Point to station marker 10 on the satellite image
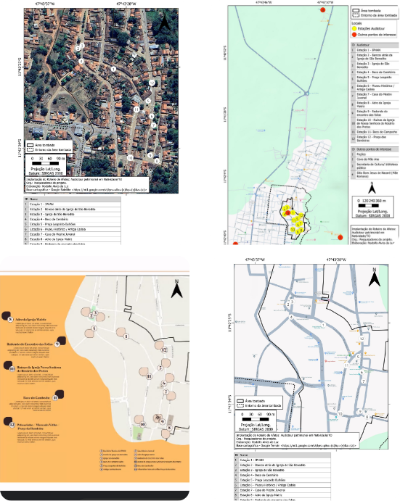[130, 156]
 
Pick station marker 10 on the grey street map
[340, 412]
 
